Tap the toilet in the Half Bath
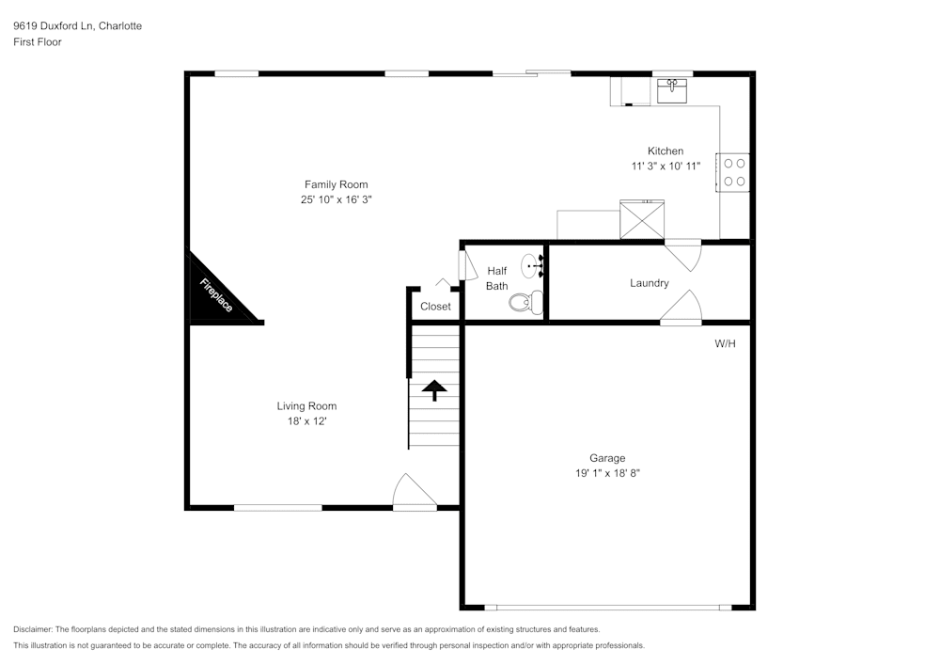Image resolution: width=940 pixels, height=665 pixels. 525,302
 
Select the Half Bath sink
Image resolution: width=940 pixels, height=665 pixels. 533,265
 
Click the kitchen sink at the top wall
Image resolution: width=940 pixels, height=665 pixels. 671,90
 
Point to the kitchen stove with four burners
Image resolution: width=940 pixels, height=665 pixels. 734,172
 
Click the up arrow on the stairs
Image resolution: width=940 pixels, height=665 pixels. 434,389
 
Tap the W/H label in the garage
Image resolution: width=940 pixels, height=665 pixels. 725,344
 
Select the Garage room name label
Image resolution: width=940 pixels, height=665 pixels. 607,458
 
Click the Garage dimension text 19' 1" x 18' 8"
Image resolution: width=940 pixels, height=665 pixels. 607,473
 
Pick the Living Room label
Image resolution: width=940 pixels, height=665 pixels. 306,406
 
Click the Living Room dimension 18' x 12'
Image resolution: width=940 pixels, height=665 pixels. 306,421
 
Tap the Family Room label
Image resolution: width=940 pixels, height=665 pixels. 336,184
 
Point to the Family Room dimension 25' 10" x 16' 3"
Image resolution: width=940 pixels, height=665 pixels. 336,199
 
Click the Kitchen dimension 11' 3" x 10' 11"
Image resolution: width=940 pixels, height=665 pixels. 665,166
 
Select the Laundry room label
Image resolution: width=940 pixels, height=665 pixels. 649,283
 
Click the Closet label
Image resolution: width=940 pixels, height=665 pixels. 435,307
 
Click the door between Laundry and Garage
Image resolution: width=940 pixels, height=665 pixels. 682,309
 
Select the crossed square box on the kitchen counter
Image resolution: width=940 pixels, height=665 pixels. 641,219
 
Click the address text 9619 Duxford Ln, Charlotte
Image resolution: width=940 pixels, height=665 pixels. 78,26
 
